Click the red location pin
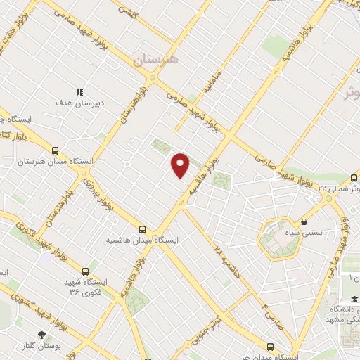tap(181, 165)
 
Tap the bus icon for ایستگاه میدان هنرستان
tap(55, 150)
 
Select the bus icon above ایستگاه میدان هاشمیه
tap(143, 229)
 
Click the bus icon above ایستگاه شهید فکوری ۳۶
tap(86, 271)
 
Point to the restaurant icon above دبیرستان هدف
tap(80, 92)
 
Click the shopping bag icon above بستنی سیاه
tap(304, 222)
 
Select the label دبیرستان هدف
tap(80, 103)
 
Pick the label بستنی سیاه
tap(304, 233)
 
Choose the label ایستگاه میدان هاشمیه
tap(143, 240)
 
